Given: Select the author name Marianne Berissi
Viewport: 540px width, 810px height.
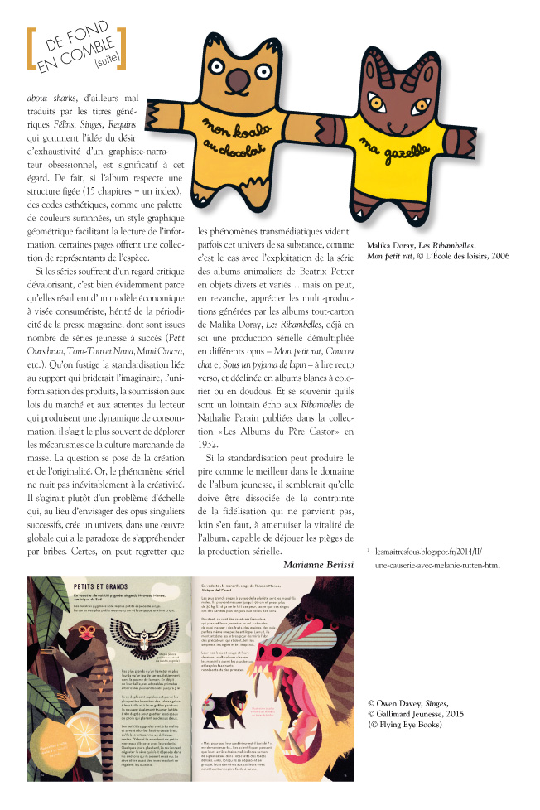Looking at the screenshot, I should pos(318,564).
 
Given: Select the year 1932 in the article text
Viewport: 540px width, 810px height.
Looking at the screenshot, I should pos(210,443).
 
